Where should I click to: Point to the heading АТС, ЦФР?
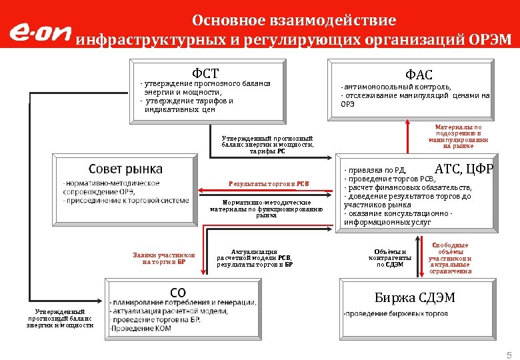click(x=463, y=169)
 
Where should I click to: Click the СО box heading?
click(x=178, y=292)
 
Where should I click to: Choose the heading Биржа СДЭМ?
click(x=415, y=297)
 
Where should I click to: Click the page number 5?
click(x=509, y=354)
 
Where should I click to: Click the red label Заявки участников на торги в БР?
click(x=164, y=258)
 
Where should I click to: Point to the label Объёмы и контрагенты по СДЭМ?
click(x=390, y=257)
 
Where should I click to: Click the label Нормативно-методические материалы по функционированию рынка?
click(x=266, y=208)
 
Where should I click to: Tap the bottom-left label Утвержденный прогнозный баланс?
click(x=61, y=319)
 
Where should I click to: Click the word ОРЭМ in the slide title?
click(x=489, y=39)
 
